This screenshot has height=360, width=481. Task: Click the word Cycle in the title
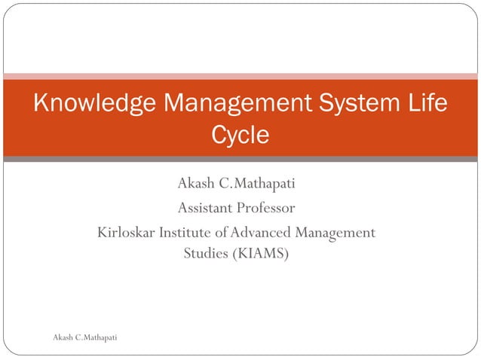click(x=240, y=136)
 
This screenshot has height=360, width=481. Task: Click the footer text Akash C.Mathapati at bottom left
click(x=84, y=337)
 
